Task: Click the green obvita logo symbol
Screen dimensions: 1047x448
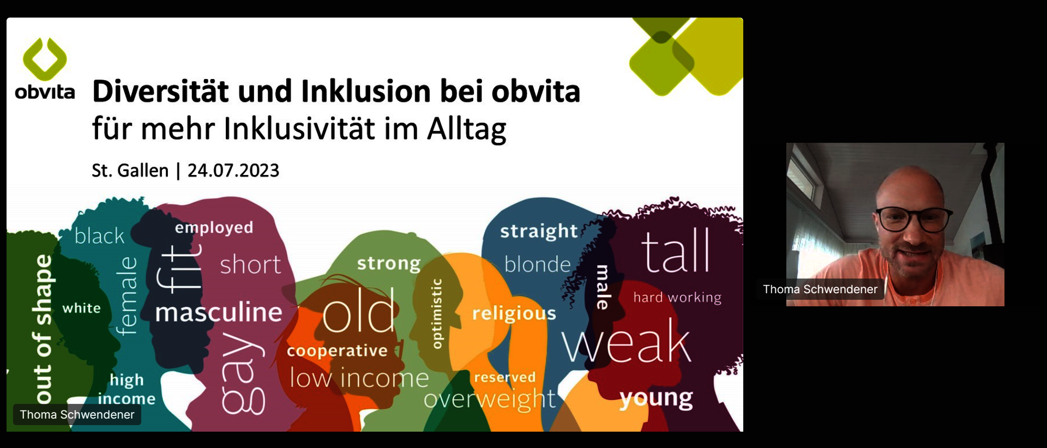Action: (x=45, y=59)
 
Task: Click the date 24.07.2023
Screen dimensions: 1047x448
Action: (x=233, y=171)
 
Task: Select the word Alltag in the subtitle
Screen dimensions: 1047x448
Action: (x=467, y=130)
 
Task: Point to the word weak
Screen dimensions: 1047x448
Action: (x=627, y=342)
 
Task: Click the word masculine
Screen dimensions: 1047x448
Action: (x=219, y=312)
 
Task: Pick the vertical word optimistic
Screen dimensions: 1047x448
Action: (x=436, y=313)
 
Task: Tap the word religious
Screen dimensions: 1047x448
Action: (x=514, y=314)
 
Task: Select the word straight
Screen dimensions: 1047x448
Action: (x=539, y=231)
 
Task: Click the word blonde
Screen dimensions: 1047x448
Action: (x=537, y=264)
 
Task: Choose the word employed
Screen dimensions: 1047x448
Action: (x=214, y=228)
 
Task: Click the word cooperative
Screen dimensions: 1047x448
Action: (x=337, y=351)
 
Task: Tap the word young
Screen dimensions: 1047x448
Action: (x=656, y=398)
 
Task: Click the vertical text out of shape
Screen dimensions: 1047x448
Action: (x=43, y=329)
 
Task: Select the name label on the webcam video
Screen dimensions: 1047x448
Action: (x=820, y=289)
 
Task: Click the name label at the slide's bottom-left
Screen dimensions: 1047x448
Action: (x=77, y=415)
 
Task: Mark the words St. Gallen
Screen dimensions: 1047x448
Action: (x=130, y=171)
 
